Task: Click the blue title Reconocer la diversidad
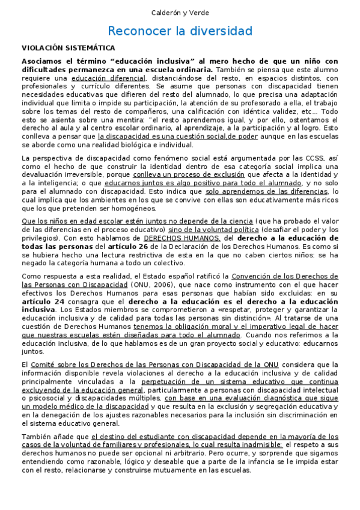(180, 31)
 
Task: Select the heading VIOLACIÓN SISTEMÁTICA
(69, 48)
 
